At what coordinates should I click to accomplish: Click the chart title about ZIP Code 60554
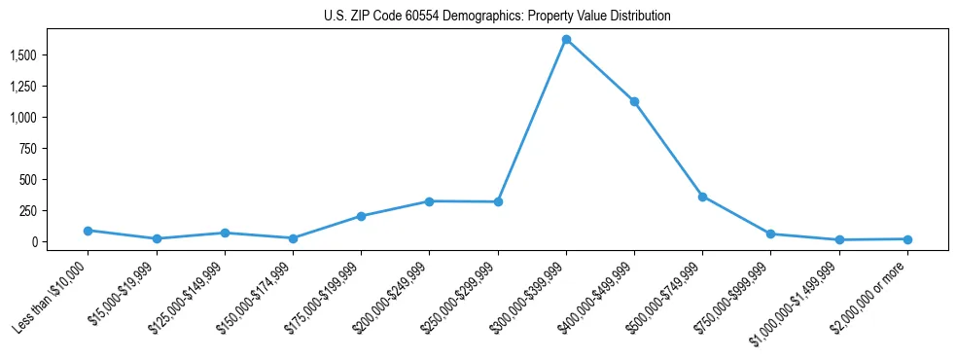pos(497,16)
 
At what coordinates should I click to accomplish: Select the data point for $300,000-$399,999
pos(566,40)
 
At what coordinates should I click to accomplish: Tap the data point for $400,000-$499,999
pos(634,101)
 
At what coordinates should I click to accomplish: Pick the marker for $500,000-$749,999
pos(702,197)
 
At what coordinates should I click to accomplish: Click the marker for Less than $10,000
pos(88,231)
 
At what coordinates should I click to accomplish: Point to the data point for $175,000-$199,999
pos(361,216)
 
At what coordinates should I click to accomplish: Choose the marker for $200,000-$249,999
pos(429,201)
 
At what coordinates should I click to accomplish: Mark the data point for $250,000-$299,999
pos(498,202)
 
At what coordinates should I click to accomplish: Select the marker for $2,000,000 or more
pos(907,239)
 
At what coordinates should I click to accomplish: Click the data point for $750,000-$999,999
pos(770,234)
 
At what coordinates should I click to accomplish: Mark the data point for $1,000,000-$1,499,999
pos(838,240)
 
